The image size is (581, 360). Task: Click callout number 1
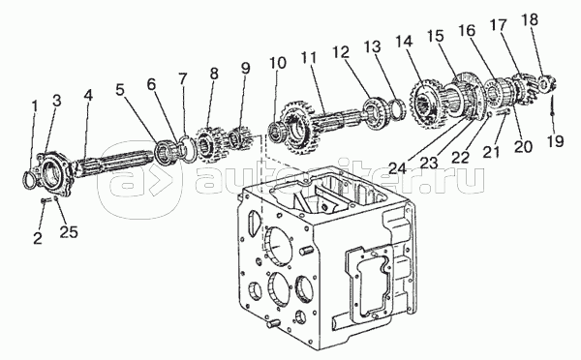(x=35, y=107)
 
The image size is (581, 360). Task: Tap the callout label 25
(x=69, y=232)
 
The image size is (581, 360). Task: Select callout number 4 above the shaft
(x=88, y=95)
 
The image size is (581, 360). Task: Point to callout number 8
(x=214, y=74)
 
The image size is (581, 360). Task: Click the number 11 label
(x=309, y=58)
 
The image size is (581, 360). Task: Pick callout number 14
(x=404, y=41)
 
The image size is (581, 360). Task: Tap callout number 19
(x=555, y=140)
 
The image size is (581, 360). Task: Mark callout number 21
(x=491, y=152)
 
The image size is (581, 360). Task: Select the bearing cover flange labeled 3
(x=52, y=173)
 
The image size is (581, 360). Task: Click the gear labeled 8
(x=208, y=143)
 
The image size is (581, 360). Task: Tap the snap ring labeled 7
(x=190, y=149)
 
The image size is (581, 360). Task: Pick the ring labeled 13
(x=399, y=109)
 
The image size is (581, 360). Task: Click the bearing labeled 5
(x=163, y=151)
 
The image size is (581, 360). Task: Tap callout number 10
(x=278, y=63)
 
